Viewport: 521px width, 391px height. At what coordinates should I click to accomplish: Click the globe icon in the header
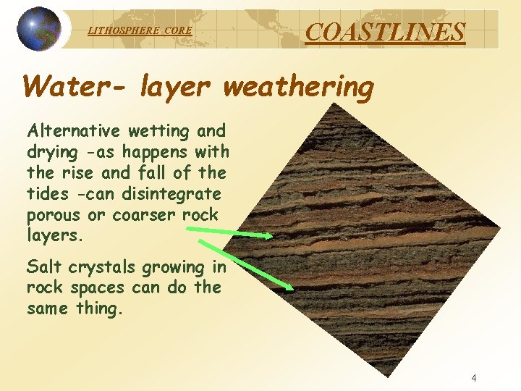(x=39, y=29)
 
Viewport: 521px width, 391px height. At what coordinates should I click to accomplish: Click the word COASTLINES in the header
(x=385, y=31)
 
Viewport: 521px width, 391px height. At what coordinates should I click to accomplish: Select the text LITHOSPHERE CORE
(x=140, y=31)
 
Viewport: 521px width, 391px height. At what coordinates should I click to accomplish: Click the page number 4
(x=474, y=377)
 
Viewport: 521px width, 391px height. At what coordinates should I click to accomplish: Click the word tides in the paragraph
(x=48, y=194)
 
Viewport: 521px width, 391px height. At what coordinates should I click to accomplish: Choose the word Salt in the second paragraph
(x=43, y=266)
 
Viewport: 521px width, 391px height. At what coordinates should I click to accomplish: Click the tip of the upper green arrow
(x=272, y=235)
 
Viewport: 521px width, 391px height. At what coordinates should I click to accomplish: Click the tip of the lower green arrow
(x=293, y=289)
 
